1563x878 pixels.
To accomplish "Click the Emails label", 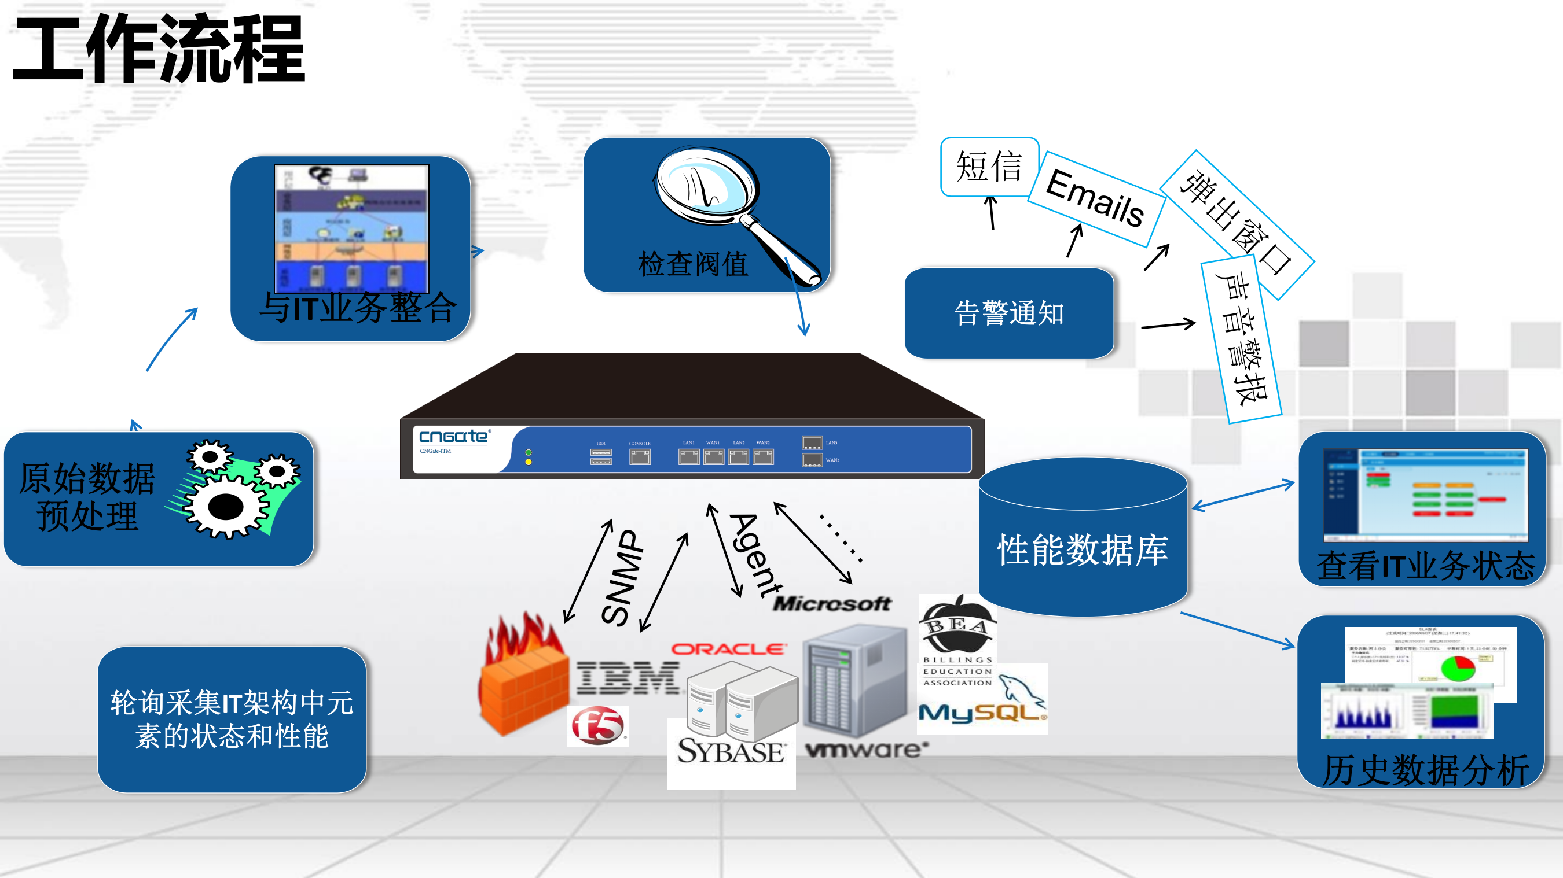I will tap(1095, 198).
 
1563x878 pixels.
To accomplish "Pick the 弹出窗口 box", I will tap(1236, 224).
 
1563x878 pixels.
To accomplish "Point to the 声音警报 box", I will tap(1241, 340).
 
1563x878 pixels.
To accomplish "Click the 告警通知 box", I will tap(1009, 313).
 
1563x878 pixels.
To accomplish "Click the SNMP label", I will tap(622, 577).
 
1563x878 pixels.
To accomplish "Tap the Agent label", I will tap(756, 555).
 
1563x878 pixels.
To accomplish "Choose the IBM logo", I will tap(628, 678).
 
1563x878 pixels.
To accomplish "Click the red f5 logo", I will tap(597, 726).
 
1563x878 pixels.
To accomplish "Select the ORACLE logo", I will tap(729, 650).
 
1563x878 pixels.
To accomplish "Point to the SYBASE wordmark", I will tap(731, 751).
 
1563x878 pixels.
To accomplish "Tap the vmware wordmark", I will tap(867, 750).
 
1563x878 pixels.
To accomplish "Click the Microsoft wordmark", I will tap(831, 603).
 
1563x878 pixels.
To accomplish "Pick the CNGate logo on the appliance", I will tap(453, 437).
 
